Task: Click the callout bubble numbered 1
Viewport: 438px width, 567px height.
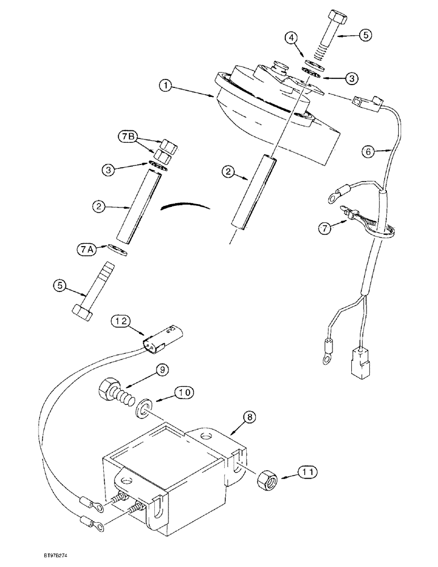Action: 165,86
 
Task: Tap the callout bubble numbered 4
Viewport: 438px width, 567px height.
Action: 291,39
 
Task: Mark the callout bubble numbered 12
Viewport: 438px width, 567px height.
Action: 120,321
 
